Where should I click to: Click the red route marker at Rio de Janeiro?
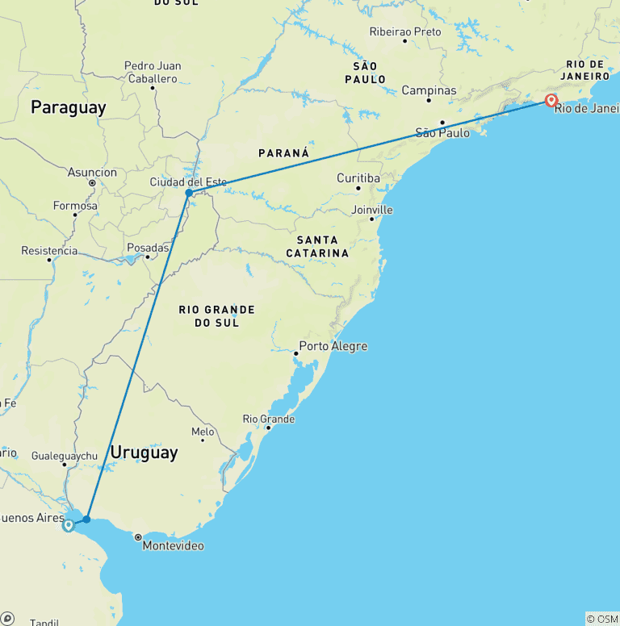pos(551,101)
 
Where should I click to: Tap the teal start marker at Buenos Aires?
pos(69,525)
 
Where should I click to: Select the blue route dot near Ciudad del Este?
pos(189,193)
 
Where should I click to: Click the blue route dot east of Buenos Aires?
pos(86,519)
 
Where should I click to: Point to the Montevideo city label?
pos(173,546)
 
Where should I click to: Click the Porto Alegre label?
pos(333,347)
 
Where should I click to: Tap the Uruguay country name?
pos(144,453)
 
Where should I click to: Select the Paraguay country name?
pos(69,108)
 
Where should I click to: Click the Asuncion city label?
pos(92,173)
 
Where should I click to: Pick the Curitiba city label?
pos(358,178)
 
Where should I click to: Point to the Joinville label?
pos(372,210)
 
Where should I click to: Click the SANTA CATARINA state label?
pos(323,246)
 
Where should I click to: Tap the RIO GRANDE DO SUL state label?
pos(216,315)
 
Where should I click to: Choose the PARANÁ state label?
pos(283,152)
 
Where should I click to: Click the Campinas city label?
pos(429,90)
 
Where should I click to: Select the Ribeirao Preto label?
pos(405,31)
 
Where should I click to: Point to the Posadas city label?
pos(148,248)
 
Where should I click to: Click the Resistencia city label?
pos(49,251)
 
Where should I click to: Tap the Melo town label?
pos(203,432)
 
